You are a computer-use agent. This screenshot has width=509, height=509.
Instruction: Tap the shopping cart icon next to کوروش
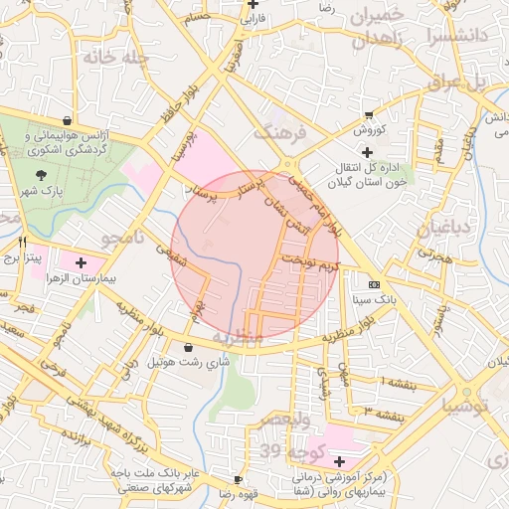tap(371, 114)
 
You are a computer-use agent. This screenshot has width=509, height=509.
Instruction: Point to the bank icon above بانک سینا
tap(373, 283)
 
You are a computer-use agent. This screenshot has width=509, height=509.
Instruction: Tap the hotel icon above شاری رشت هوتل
tap(189, 347)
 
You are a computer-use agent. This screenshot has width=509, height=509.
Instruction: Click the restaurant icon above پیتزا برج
tap(22, 242)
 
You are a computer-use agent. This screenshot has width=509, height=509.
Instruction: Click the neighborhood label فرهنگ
tap(277, 131)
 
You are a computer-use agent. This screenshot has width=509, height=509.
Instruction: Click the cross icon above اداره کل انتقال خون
tap(367, 152)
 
